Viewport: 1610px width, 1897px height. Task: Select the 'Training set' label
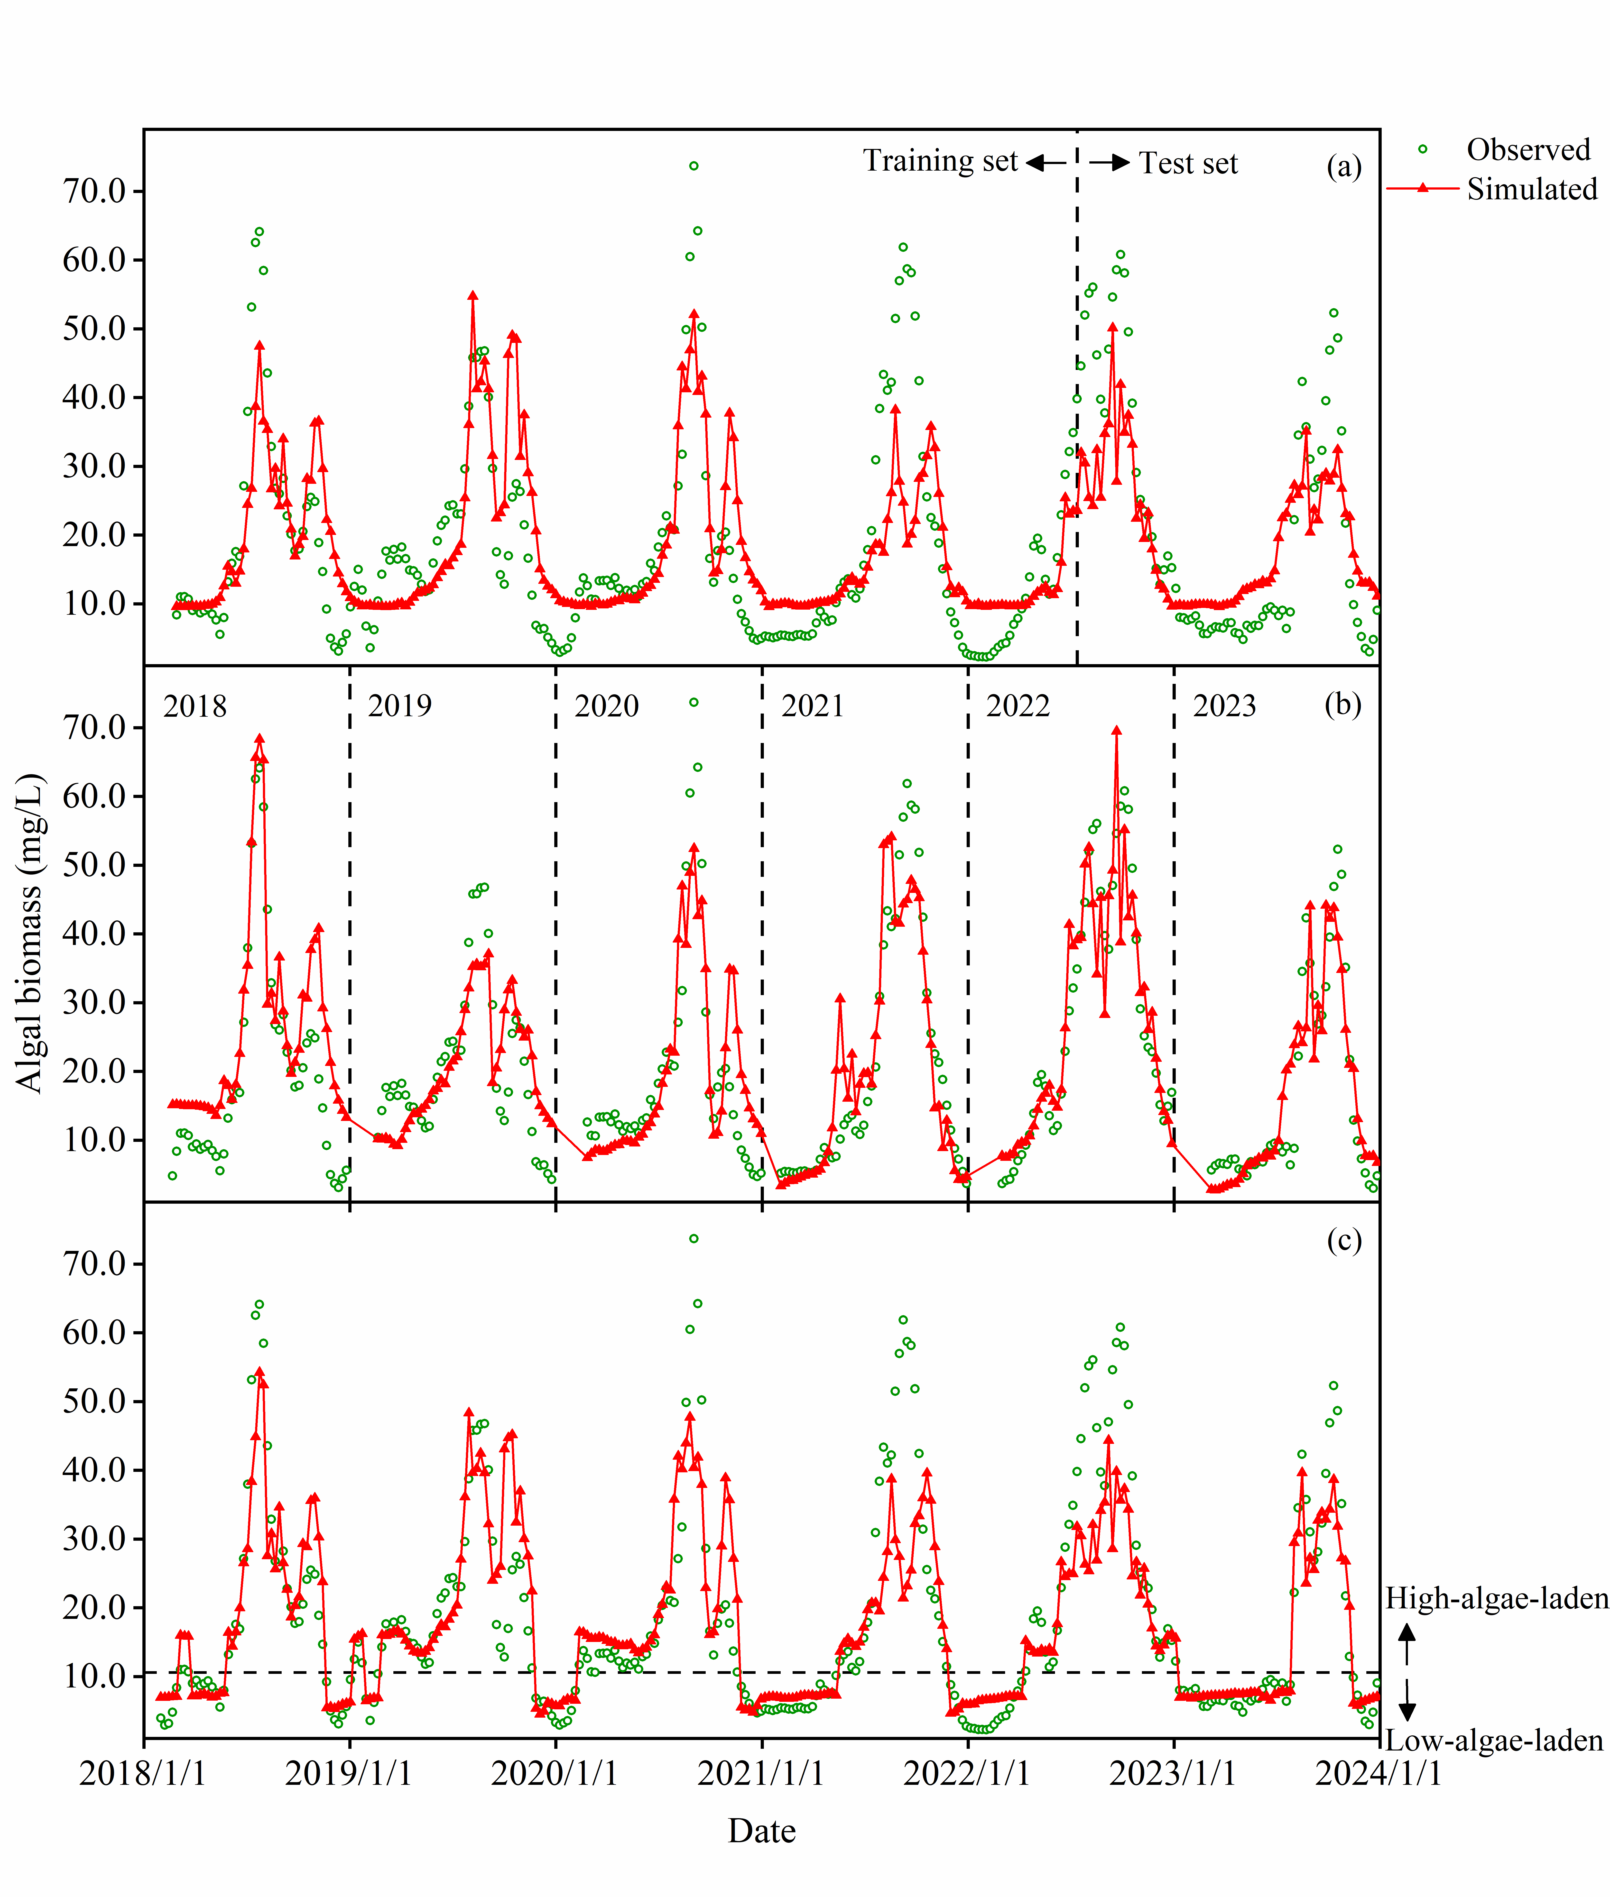[x=940, y=162]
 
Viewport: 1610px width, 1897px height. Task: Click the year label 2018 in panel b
[x=194, y=706]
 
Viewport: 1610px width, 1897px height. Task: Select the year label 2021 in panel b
[x=812, y=706]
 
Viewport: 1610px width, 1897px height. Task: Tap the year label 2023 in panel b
[x=1224, y=706]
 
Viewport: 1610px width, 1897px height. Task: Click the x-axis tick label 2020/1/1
[x=555, y=1773]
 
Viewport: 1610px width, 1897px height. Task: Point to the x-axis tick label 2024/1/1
[x=1378, y=1773]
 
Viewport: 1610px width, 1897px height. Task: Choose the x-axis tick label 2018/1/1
[x=143, y=1773]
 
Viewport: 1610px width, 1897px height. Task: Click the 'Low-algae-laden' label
[x=1494, y=1741]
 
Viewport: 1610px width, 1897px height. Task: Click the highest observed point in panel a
[x=694, y=166]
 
